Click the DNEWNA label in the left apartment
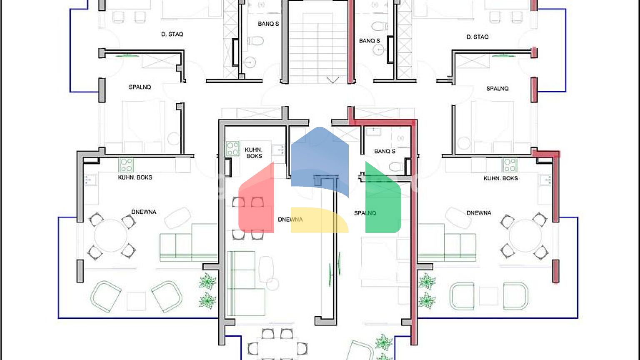(144, 212)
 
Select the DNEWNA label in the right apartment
(479, 213)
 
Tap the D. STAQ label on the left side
(172, 34)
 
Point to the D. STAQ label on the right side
(477, 37)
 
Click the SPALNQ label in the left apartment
(140, 87)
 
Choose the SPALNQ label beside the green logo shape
(365, 213)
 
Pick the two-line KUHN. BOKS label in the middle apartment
(254, 153)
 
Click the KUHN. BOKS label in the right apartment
(500, 178)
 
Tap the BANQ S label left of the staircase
(268, 24)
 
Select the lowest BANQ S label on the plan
(385, 151)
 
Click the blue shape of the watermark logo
(320, 162)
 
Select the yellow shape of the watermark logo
(320, 220)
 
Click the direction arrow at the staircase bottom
(333, 80)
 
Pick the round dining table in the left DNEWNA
(110, 236)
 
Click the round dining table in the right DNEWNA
(525, 236)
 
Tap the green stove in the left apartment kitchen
(126, 165)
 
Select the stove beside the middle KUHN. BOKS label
(232, 149)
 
